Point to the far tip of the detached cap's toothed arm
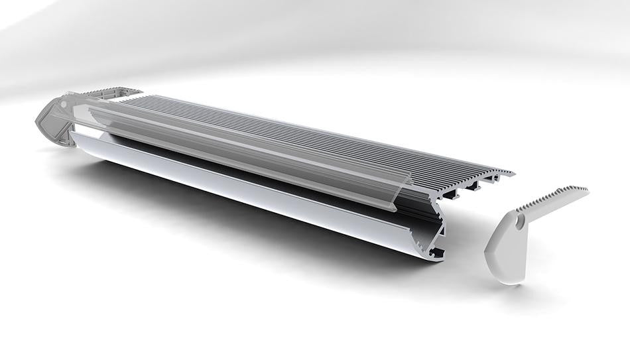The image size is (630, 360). [586, 190]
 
